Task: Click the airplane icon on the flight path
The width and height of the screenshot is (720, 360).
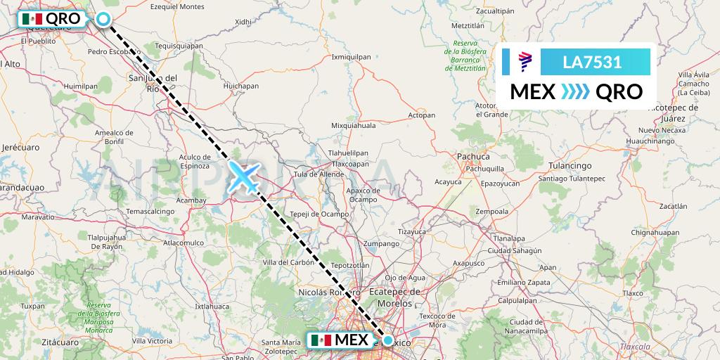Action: point(244,176)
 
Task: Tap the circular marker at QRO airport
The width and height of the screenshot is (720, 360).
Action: point(103,19)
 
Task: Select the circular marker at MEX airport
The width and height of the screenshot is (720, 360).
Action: point(388,340)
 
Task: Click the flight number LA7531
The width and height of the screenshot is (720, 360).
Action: point(592,62)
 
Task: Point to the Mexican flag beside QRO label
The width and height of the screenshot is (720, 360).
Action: point(32,19)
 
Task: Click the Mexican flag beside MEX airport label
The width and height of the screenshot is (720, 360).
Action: point(321,340)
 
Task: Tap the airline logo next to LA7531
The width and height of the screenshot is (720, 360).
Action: point(525,62)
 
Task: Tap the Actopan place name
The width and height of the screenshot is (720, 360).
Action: point(422,114)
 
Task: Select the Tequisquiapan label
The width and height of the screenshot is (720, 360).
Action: point(179,46)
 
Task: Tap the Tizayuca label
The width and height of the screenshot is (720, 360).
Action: point(413,231)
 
